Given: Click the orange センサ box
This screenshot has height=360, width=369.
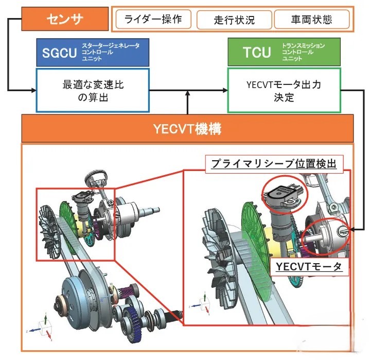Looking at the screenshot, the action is tap(65, 19).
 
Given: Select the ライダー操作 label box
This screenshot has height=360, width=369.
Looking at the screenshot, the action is tap(153, 19).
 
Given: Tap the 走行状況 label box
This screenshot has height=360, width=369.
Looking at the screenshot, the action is tap(234, 20).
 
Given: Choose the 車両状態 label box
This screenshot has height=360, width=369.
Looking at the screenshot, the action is tap(311, 20).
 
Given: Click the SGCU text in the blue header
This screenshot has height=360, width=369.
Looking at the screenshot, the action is tap(59, 53).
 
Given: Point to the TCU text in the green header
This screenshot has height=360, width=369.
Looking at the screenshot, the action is tap(257, 52).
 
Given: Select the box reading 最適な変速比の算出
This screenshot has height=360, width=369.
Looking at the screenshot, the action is tap(93, 91).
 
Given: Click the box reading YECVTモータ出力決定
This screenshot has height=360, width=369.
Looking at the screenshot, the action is tap(284, 91).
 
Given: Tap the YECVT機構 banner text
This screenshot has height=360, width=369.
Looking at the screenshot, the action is tap(187, 129).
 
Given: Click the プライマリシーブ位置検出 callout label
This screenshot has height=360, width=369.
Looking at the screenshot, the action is tap(274, 164).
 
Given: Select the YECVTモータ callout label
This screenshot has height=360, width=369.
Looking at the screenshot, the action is tap(309, 267).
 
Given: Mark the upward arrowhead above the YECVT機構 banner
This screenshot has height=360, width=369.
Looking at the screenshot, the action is tap(187, 93).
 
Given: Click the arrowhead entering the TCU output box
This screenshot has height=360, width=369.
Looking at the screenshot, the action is tap(225, 90).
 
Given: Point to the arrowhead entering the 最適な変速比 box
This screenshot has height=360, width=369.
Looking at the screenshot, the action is tap(33, 90).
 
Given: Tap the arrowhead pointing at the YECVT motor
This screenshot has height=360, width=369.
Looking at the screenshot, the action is tap(353, 229).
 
